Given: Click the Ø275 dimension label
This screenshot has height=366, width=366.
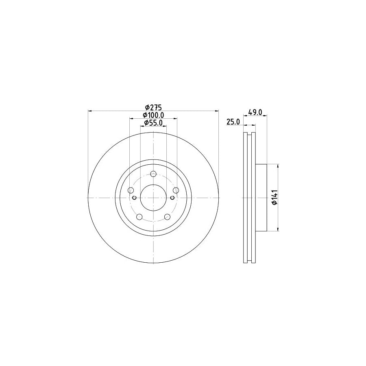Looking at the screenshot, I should point(154,107).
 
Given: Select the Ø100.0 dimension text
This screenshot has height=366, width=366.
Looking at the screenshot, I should point(154,115).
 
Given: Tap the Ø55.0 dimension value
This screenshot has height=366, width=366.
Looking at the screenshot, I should point(154,123).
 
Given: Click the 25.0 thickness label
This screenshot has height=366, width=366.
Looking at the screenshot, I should point(233,122).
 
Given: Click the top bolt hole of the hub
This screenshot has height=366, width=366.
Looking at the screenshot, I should point(153,174).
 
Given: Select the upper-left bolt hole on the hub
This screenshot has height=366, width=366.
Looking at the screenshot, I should point(131,190).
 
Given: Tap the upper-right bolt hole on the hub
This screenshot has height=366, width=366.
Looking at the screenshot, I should point(176,190).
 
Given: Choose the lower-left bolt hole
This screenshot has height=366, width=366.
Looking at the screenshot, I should point(139,217).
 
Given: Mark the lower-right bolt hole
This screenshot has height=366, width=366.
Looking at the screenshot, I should point(168,217).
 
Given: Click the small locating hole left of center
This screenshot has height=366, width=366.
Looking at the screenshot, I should point(134,198).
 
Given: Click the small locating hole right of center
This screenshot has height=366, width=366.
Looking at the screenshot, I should point(172,198).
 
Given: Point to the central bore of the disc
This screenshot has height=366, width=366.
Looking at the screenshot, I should point(153,198).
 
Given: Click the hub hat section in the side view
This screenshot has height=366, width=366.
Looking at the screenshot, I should point(261,198).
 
